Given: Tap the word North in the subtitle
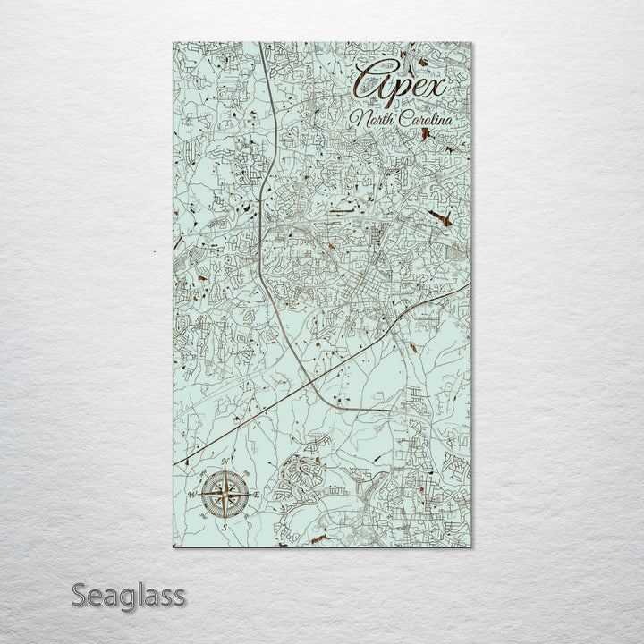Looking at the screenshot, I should tap(372, 120).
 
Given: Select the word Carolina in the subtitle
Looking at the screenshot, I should tap(422, 118).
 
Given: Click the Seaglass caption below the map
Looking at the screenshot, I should tap(129, 594).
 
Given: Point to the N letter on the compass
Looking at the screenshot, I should tap(225, 463).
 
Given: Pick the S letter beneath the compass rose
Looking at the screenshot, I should tap(225, 526).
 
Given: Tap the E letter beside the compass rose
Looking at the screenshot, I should tap(257, 495).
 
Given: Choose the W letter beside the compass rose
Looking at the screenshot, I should tap(191, 495).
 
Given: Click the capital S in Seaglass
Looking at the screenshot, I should tap(80, 594).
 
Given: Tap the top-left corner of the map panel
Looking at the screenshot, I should tap(173, 43).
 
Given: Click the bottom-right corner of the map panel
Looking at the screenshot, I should tap(471, 547).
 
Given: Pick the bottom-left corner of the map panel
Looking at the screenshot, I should tap(173, 547).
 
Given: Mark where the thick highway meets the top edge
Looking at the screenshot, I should tap(261, 44).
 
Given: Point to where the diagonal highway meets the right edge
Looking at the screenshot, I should tap(470, 284).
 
